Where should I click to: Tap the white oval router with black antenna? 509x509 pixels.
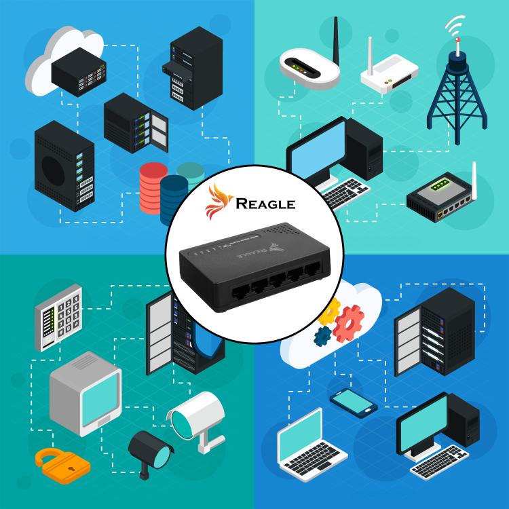pos(308,70)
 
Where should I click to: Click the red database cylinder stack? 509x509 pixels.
pos(153,188)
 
